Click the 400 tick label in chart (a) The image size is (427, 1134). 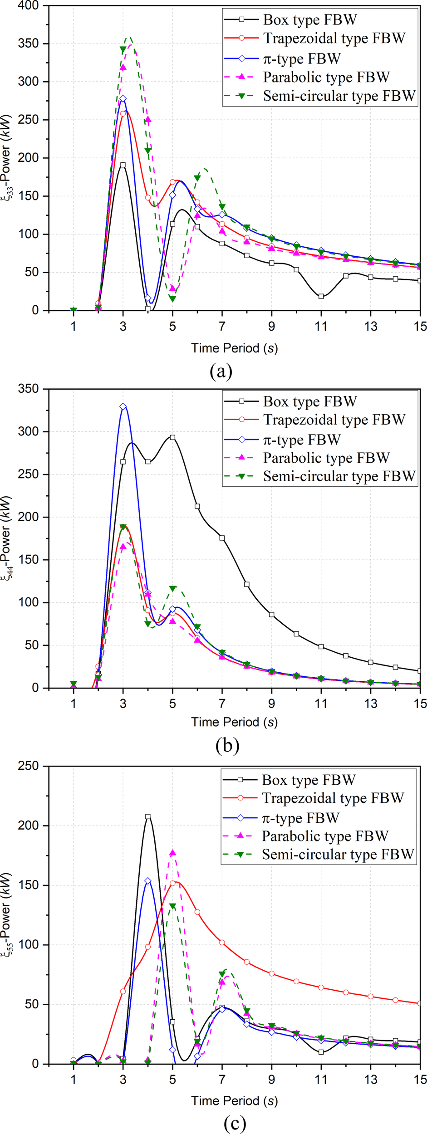pyautogui.click(x=29, y=6)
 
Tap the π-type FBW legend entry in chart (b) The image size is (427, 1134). pyautogui.click(x=302, y=440)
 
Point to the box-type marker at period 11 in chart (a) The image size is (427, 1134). pyautogui.click(x=321, y=296)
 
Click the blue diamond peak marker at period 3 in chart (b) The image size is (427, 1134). pyautogui.click(x=123, y=406)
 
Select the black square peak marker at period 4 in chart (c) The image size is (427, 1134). pyautogui.click(x=147, y=816)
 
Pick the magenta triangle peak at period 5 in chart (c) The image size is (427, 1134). pyautogui.click(x=172, y=853)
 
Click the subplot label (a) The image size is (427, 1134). pyautogui.click(x=221, y=371)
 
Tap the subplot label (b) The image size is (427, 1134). pyautogui.click(x=227, y=745)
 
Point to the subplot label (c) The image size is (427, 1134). pyautogui.click(x=235, y=1123)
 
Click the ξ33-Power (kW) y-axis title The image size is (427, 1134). pyautogui.click(x=7, y=158)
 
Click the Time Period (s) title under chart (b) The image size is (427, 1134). pyautogui.click(x=234, y=722)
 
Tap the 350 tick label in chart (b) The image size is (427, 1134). pyautogui.click(x=29, y=389)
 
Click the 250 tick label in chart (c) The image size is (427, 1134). pyautogui.click(x=29, y=766)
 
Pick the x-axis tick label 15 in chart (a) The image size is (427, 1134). pyautogui.click(x=420, y=326)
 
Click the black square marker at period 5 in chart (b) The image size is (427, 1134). pyautogui.click(x=172, y=437)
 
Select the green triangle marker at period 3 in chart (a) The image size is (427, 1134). pyautogui.click(x=123, y=49)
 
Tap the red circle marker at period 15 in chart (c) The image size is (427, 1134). pyautogui.click(x=420, y=1003)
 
